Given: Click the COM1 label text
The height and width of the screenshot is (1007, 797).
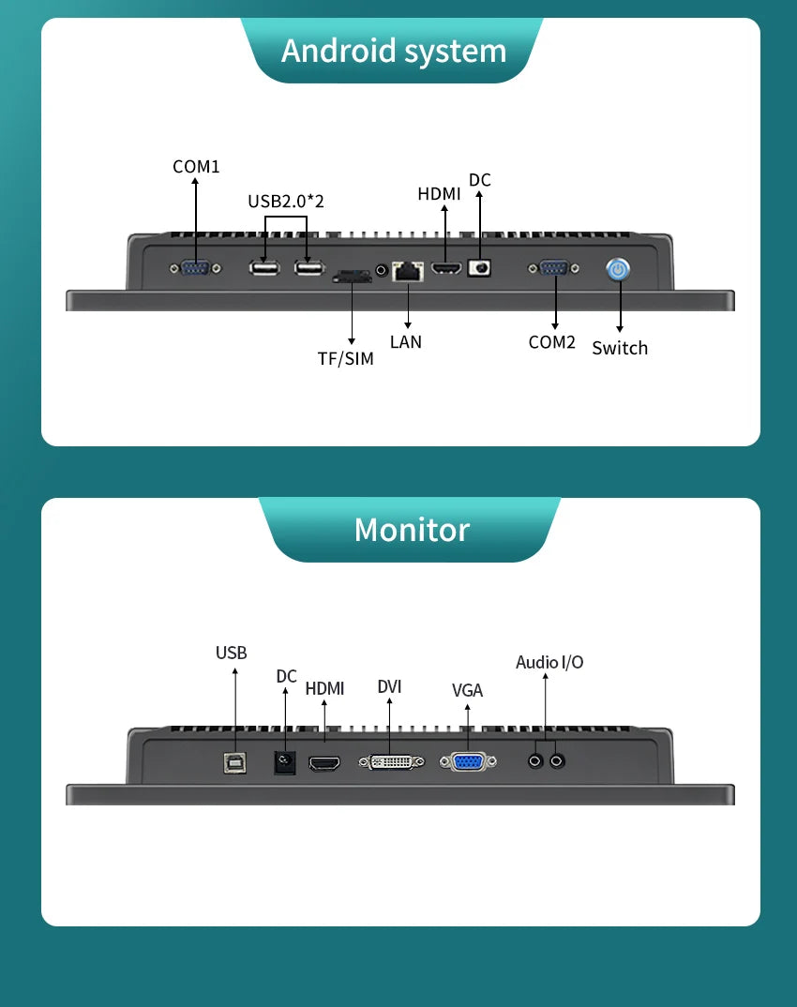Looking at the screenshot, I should [x=196, y=167].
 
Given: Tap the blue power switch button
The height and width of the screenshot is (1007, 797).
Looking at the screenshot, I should [x=618, y=270].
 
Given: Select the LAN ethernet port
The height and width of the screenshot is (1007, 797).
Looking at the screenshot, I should [x=407, y=271].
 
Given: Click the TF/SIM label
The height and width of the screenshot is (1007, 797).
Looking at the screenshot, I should [x=345, y=358].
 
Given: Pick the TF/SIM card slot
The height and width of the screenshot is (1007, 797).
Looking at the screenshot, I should [x=351, y=276].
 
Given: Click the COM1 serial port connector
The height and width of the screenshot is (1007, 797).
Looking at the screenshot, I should [x=195, y=269].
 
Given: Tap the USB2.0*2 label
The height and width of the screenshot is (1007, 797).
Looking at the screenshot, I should [x=286, y=201].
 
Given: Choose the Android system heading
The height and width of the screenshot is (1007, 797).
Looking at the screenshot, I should [x=394, y=51].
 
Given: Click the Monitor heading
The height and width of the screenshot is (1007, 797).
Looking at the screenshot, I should [x=412, y=530].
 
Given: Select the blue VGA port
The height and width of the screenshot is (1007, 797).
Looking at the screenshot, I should [x=467, y=762].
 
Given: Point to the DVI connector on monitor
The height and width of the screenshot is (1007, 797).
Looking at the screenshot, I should [x=390, y=762].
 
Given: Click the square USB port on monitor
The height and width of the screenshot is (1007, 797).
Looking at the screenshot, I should [x=234, y=763].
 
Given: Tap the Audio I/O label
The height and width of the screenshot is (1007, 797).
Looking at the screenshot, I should [x=549, y=662].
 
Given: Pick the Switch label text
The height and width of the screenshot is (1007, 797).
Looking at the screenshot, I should [x=620, y=348].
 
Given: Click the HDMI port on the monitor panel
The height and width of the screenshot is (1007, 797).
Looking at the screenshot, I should [x=325, y=764].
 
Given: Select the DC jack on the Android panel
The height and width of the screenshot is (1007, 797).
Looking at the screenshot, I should [x=479, y=268].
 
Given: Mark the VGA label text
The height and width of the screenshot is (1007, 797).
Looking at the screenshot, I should [x=467, y=691].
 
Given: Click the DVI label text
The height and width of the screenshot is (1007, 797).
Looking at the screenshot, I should [x=390, y=686].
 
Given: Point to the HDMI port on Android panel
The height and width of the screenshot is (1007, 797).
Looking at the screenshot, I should [x=444, y=270].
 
